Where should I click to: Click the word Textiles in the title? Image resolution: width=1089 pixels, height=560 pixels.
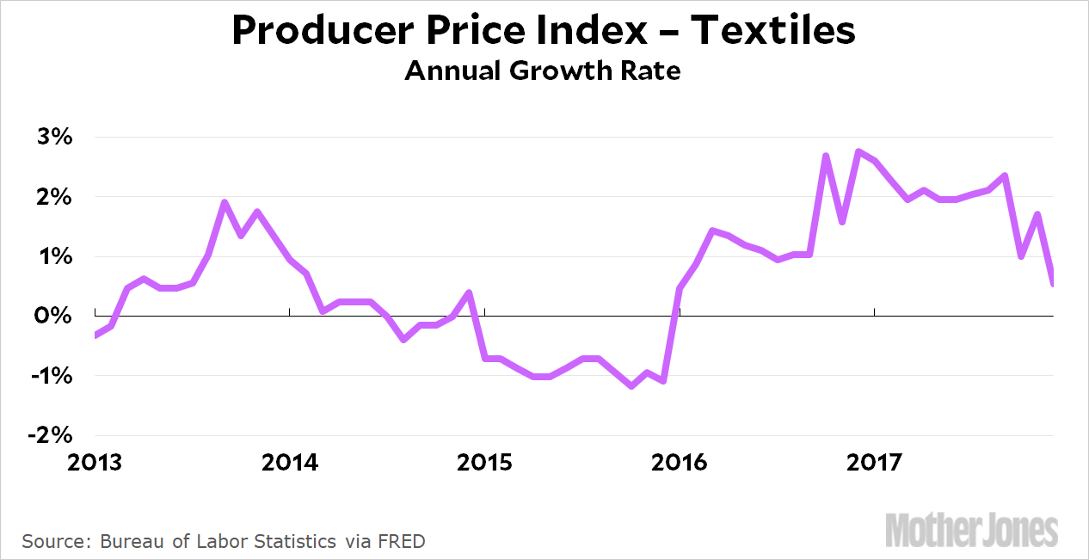pyautogui.click(x=773, y=31)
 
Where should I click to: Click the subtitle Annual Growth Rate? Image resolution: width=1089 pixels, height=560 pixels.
pyautogui.click(x=543, y=71)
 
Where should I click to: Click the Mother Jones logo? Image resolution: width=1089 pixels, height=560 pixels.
pyautogui.click(x=972, y=528)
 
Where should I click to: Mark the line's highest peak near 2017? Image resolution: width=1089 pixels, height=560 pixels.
pyautogui.click(x=858, y=151)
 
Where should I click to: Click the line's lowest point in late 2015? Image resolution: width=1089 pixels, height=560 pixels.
pyautogui.click(x=632, y=386)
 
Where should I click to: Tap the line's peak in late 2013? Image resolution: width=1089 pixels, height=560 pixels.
pyautogui.click(x=225, y=203)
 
